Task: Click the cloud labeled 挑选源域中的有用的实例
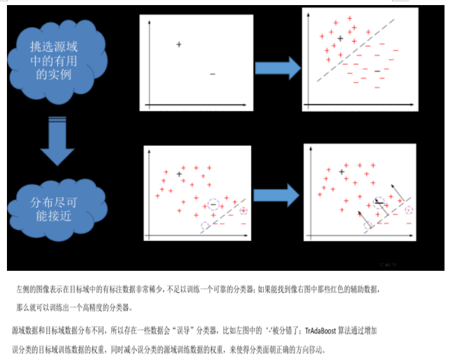(x=59, y=60)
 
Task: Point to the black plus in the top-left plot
(x=179, y=44)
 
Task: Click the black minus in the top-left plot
(x=212, y=74)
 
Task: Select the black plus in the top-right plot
(x=340, y=39)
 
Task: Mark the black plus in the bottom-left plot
(x=180, y=173)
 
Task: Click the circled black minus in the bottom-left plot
(x=213, y=205)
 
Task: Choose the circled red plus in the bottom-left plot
(x=243, y=211)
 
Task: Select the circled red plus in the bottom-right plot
(x=408, y=209)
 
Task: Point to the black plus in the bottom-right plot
(x=341, y=171)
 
